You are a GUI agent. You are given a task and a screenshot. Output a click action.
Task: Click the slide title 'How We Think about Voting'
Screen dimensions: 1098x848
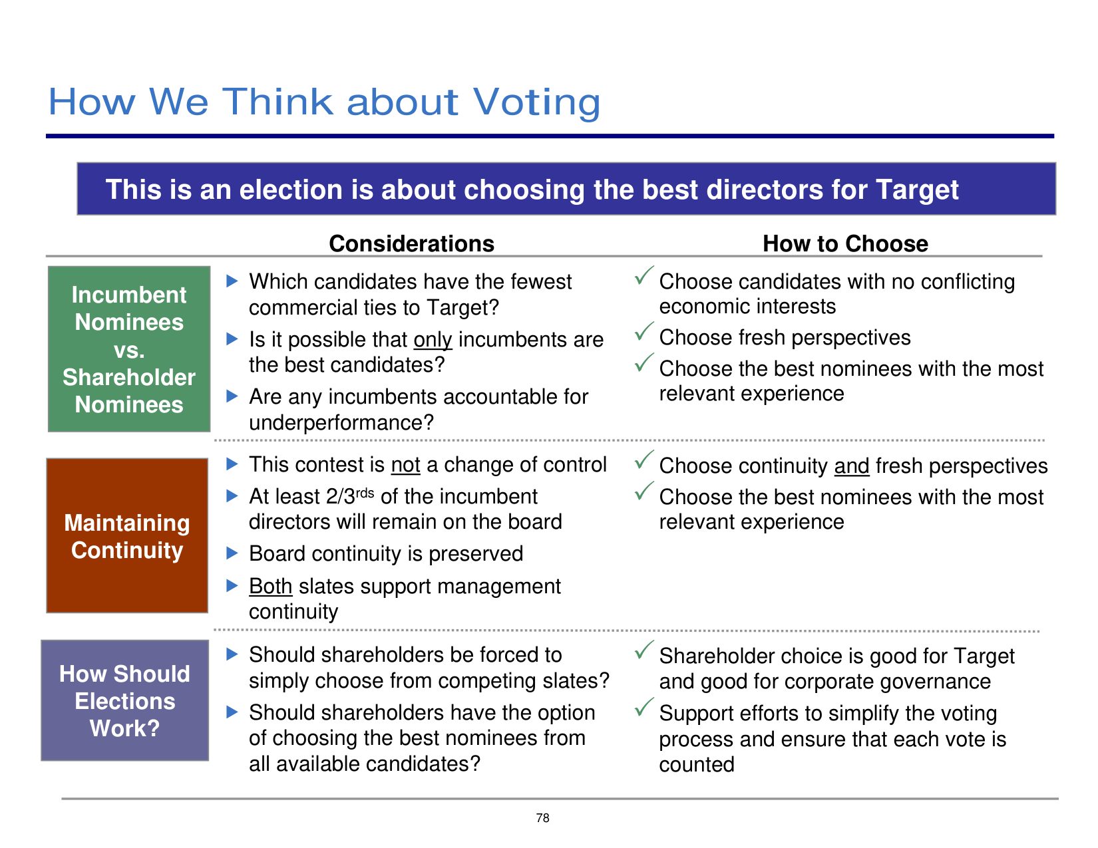click(x=324, y=102)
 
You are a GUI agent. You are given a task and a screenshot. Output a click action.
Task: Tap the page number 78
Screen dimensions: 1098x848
click(x=543, y=817)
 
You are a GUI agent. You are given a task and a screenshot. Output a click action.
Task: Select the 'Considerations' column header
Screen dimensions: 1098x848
click(x=411, y=243)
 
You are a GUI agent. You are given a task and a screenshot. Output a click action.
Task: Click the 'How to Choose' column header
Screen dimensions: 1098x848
click(x=845, y=243)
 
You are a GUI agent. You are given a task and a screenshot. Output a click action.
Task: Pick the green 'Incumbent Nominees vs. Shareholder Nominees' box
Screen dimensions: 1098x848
click(x=129, y=349)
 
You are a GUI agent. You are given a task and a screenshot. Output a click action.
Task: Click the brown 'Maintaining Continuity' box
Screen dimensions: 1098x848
click(x=127, y=535)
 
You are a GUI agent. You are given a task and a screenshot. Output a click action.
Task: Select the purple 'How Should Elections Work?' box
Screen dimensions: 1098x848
click(x=125, y=700)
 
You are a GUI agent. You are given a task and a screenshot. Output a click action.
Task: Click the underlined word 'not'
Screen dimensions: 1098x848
click(x=406, y=465)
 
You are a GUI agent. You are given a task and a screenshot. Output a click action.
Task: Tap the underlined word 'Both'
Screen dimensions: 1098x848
click(x=270, y=587)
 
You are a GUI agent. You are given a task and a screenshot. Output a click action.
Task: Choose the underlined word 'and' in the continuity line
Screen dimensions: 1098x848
click(x=852, y=466)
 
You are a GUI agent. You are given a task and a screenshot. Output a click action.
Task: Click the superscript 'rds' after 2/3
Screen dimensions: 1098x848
click(x=365, y=492)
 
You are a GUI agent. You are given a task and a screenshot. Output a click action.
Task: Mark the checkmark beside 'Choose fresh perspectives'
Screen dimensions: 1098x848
click(x=644, y=331)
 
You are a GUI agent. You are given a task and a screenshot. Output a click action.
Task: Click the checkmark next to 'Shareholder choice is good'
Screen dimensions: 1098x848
click(x=644, y=650)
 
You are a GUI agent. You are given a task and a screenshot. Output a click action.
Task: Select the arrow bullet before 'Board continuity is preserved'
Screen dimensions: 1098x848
click(x=232, y=553)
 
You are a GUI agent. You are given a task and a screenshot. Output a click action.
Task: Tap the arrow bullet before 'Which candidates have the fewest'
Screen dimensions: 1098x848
click(x=232, y=281)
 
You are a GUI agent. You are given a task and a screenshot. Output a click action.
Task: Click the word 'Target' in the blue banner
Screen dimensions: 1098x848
click(x=917, y=190)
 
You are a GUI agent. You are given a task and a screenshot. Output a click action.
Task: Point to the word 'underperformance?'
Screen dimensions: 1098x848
click(x=341, y=423)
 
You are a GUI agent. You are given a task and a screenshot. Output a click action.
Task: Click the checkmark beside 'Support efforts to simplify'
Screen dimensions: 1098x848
click(x=644, y=707)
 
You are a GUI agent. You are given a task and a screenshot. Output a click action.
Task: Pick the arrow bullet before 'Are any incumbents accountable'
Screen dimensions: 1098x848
click(x=232, y=396)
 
